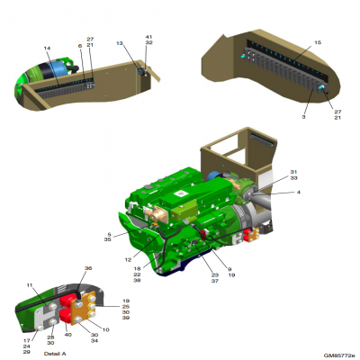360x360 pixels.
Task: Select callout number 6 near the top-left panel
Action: point(79,46)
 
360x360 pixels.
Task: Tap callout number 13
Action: point(119,43)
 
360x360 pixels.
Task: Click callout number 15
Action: point(316,42)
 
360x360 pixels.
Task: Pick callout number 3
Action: point(304,116)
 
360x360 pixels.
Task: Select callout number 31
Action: point(293,172)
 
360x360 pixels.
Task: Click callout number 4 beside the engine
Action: point(298,191)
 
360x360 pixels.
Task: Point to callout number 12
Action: point(128,260)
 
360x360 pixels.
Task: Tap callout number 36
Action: point(88,269)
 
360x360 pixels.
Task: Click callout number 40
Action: point(67,335)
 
